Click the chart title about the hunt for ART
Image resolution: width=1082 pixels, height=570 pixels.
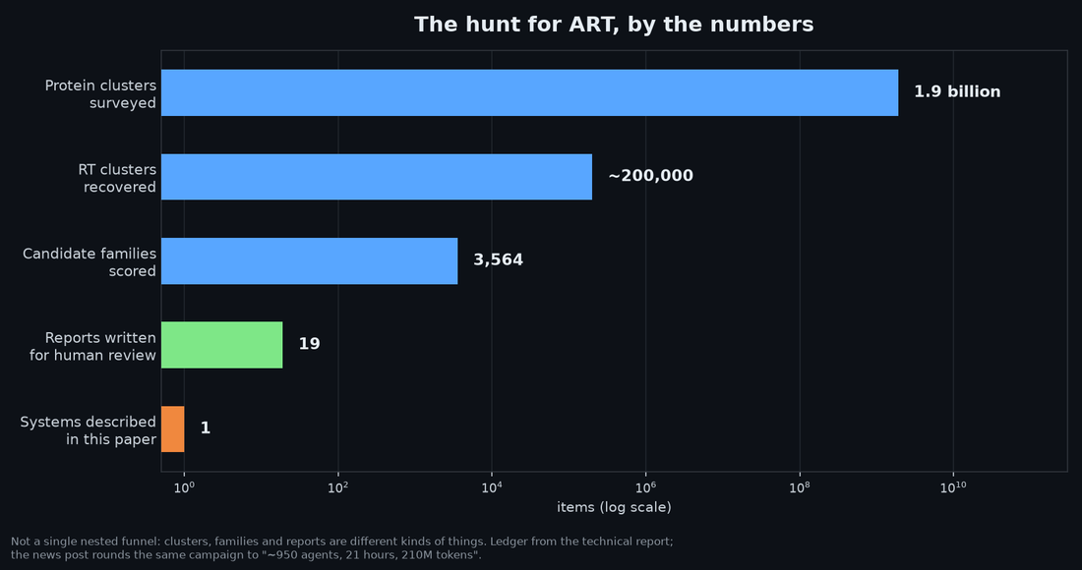(614, 25)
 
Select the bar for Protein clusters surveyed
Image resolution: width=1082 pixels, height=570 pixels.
(530, 92)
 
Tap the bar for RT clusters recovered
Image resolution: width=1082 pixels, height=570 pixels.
(377, 177)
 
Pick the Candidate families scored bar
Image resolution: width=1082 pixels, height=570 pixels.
(309, 261)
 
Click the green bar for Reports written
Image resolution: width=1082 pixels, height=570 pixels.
(222, 345)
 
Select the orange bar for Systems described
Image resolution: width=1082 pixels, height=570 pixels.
(172, 428)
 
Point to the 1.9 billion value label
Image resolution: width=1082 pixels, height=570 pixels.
(957, 91)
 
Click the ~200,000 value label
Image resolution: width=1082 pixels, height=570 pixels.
(650, 176)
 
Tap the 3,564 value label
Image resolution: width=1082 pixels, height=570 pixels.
(499, 259)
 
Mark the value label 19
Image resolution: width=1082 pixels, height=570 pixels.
(309, 344)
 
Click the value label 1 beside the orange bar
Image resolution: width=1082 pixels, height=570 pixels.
(205, 428)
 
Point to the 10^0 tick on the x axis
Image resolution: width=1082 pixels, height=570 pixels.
(184, 488)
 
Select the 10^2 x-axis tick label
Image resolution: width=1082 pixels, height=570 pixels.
(338, 488)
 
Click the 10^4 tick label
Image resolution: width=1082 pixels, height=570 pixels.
(492, 488)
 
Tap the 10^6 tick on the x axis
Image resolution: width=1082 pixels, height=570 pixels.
(646, 488)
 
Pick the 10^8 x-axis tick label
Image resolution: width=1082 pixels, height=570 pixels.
(800, 488)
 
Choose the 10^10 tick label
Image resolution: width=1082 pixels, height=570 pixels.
(954, 488)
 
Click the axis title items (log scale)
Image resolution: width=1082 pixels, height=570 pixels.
(614, 508)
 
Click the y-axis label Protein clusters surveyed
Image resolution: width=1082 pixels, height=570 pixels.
(100, 94)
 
